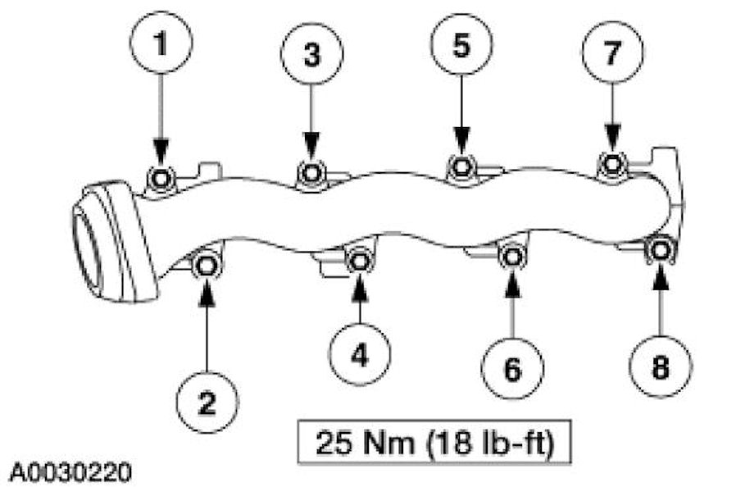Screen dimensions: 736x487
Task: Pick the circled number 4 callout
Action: point(360,354)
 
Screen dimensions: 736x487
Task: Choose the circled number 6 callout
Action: point(511,370)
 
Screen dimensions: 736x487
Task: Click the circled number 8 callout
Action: point(660,366)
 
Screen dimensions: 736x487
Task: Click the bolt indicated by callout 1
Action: point(161,177)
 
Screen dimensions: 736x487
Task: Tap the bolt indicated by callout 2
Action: point(206,266)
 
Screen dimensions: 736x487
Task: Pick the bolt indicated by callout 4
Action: point(359,262)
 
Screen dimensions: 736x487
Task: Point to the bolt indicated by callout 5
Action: point(461,166)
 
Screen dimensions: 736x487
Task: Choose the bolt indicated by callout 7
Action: point(611,163)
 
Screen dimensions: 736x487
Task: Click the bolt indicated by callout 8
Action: point(660,249)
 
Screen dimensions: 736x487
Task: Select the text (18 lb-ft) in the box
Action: point(479,448)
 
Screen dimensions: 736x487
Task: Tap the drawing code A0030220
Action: point(70,473)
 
